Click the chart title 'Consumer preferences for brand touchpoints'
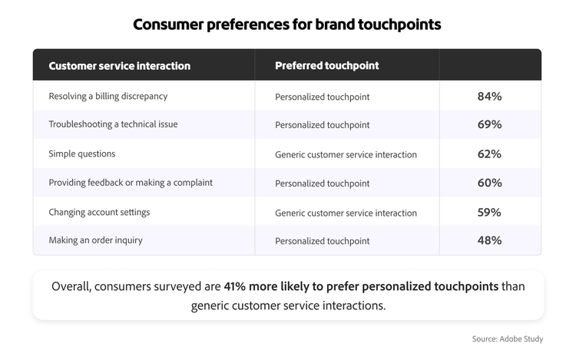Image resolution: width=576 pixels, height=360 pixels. click(287, 24)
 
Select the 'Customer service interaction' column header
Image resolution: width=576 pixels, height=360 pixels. click(119, 66)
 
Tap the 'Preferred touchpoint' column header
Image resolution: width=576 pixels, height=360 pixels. click(327, 66)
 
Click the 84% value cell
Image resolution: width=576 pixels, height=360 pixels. click(489, 96)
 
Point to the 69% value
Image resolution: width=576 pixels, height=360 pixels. click(489, 124)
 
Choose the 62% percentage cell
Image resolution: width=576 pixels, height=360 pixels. click(489, 154)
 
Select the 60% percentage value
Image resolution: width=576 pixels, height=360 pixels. click(489, 183)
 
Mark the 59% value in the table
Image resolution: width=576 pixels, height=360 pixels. click(489, 212)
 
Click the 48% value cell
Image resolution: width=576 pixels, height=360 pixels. click(489, 240)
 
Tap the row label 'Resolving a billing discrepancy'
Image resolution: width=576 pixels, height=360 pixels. click(108, 96)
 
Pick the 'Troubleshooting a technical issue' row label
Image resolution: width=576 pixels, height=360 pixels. click(113, 124)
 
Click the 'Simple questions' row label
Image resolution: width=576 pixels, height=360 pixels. click(82, 154)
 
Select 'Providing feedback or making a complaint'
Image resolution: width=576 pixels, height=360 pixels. click(131, 183)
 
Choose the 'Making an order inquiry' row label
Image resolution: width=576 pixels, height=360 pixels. click(96, 240)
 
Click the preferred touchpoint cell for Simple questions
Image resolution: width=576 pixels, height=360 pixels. click(346, 154)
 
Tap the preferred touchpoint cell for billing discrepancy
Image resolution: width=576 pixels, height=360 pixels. click(323, 97)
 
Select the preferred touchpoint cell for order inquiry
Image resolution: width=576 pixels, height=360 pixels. click(323, 241)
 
